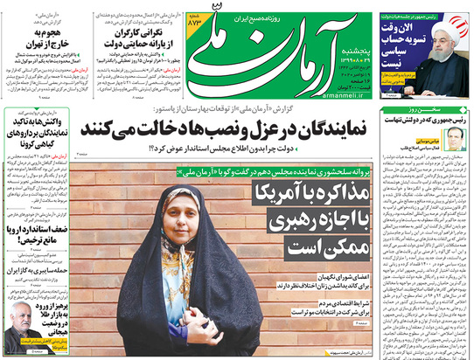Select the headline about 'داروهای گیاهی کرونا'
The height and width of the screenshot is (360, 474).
(38, 131)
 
